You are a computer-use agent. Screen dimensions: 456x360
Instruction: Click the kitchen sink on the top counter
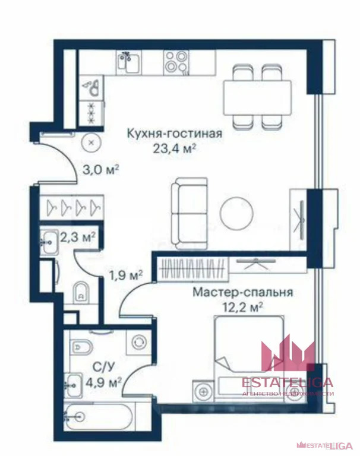128,61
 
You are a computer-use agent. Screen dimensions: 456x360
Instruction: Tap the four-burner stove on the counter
176,61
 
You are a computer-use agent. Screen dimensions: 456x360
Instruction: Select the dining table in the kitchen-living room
257,96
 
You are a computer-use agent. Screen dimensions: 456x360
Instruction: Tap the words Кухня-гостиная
175,134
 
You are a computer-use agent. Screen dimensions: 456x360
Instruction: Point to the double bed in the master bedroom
250,351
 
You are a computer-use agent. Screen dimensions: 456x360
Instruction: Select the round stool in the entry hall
91,142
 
